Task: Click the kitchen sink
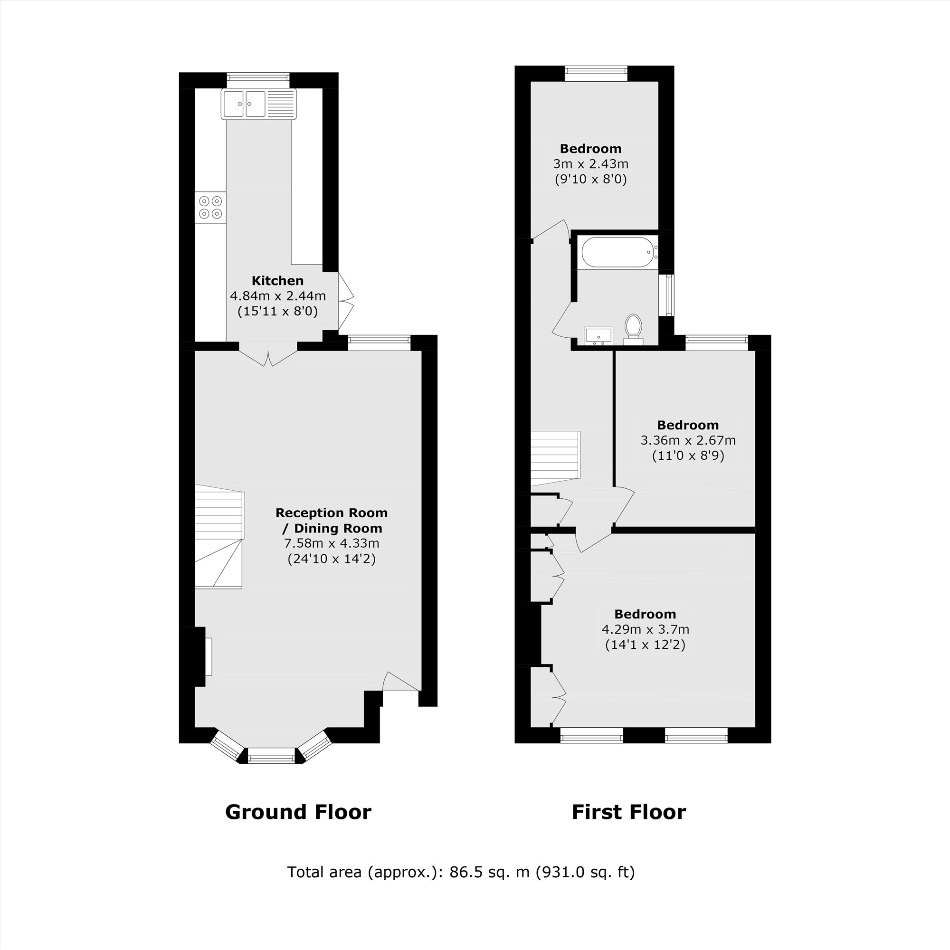259,104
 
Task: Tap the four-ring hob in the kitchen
210,207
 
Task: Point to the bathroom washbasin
598,336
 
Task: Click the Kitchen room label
277,281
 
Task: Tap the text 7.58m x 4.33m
332,543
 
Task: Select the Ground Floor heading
298,812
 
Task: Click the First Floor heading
628,812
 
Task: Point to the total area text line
461,872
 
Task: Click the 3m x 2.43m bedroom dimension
590,164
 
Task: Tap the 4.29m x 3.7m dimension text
645,629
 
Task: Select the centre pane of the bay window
271,755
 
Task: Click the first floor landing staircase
555,455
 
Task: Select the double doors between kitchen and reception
268,359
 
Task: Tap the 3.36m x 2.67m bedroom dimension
687,440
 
